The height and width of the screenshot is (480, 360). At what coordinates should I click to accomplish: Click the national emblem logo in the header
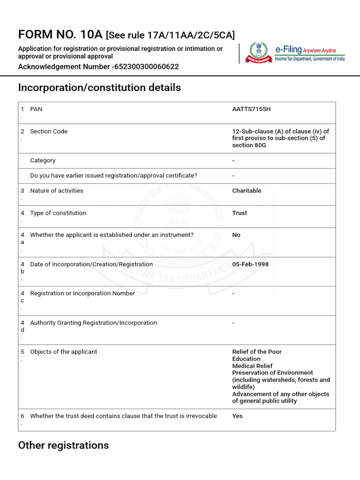[x=257, y=52]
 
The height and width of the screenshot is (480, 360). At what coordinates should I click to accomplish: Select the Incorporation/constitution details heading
[x=99, y=88]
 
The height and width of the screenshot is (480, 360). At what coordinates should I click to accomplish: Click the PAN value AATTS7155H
[x=251, y=109]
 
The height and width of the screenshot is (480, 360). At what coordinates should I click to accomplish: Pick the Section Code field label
[x=49, y=131]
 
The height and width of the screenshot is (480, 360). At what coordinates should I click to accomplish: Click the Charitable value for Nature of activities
[x=247, y=191]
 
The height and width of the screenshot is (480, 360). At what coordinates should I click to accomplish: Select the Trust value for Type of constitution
[x=240, y=213]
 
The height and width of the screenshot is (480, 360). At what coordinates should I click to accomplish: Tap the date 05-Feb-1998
[x=250, y=264]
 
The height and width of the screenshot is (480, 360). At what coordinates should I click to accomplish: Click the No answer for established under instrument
[x=236, y=235]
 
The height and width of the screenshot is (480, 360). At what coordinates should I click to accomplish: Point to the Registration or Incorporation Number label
[x=82, y=293]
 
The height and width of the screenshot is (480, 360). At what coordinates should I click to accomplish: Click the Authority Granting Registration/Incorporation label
[x=93, y=323]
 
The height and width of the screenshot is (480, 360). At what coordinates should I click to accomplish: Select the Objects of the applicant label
[x=63, y=352]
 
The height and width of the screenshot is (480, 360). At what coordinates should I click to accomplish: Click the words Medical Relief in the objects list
[x=252, y=366]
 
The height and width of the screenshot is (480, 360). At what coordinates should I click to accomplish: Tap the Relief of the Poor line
[x=257, y=352]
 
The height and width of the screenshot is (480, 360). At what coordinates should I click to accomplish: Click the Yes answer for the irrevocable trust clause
[x=237, y=416]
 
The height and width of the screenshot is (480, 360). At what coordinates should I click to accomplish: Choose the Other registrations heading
[x=63, y=445]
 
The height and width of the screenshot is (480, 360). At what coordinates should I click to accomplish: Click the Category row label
[x=43, y=160]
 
